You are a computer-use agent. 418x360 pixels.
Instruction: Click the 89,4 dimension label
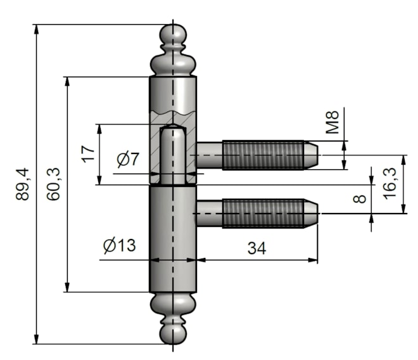pos(23,184)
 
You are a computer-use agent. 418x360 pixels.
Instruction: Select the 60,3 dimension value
pos(54,184)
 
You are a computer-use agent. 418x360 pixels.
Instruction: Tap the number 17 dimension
pos(88,154)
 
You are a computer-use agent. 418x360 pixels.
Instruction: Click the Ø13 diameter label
pos(120,245)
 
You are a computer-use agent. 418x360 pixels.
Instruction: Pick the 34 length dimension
pos(256,248)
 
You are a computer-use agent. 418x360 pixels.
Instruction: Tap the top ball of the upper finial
pos(172,35)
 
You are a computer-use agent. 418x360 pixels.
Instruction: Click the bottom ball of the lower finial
pos(172,334)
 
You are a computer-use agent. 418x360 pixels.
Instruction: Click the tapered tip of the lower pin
pos(311,214)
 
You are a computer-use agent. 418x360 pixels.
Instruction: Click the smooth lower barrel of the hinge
pos(172,241)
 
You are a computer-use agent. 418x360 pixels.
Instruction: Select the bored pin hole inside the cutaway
pos(172,155)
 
